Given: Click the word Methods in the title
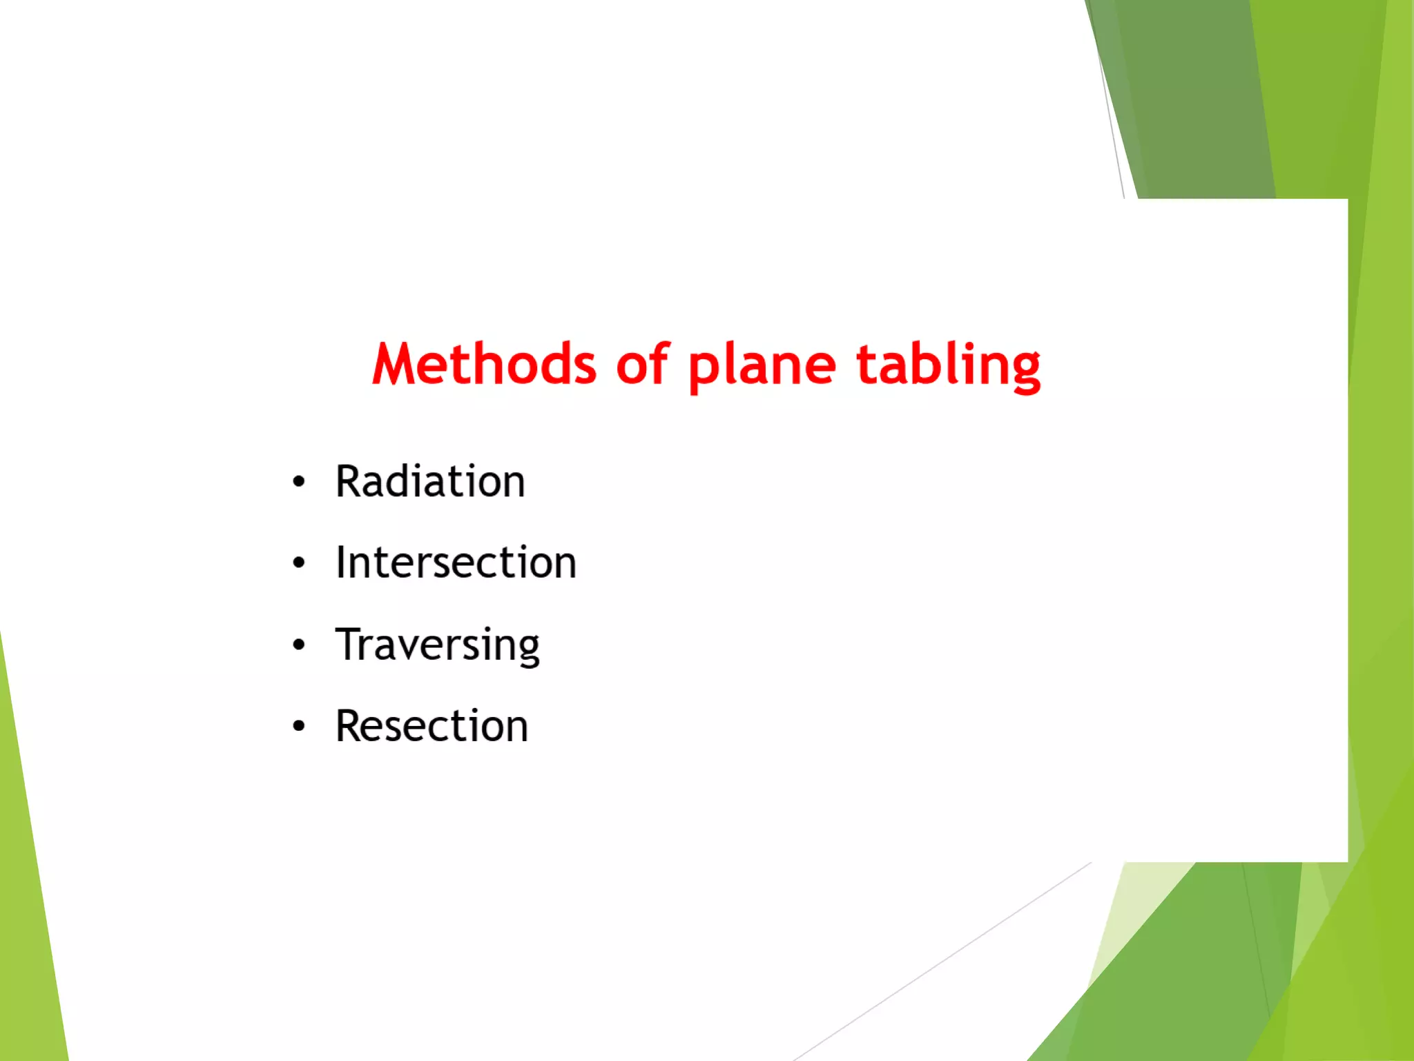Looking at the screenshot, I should pos(484,363).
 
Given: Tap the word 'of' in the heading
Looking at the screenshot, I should pos(641,363).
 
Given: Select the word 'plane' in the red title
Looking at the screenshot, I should pos(762,366).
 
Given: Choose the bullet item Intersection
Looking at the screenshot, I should pos(456,562).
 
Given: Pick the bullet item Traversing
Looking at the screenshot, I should pos(437,644).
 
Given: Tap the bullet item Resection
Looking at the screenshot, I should pos(432,726).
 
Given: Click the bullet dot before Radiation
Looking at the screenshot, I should pos(298,482).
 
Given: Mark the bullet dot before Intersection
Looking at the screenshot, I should pos(298,563).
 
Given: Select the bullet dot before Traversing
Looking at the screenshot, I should pos(298,645).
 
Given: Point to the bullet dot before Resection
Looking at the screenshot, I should pos(298,727).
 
